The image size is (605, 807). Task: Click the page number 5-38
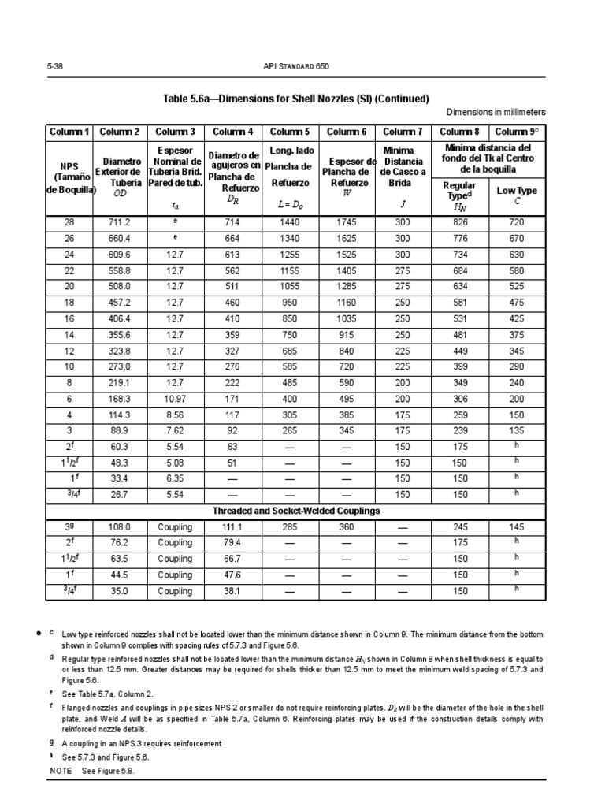click(55, 67)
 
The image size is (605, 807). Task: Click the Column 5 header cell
click(290, 132)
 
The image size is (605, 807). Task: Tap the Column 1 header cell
click(69, 132)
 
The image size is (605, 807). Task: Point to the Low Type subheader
click(517, 190)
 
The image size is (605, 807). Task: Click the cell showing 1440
click(290, 223)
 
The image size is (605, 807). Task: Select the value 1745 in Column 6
click(347, 223)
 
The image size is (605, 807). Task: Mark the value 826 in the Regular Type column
click(459, 223)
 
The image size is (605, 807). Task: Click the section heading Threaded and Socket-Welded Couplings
click(296, 511)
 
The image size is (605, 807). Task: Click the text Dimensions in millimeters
click(496, 112)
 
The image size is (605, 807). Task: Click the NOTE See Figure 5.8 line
click(92, 771)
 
